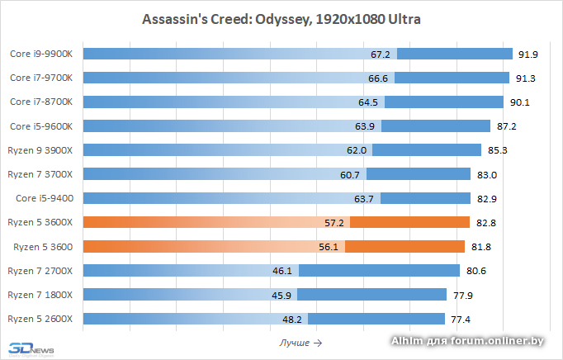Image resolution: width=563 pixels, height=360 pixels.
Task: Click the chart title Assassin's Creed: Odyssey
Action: click(x=281, y=19)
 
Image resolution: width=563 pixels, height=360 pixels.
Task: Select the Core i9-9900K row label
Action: click(x=41, y=54)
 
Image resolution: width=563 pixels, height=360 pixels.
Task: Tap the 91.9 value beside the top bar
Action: click(x=528, y=54)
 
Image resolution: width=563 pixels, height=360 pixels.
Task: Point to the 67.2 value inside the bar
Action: click(x=381, y=54)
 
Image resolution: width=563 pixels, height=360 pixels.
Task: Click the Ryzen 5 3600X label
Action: click(x=40, y=223)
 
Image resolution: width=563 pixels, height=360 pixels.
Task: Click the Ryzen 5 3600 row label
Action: click(x=43, y=247)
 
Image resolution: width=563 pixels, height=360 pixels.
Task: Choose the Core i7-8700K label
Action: click(x=41, y=102)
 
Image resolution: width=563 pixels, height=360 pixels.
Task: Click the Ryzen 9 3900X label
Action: click(x=40, y=150)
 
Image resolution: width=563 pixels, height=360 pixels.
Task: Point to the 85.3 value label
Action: click(x=499, y=150)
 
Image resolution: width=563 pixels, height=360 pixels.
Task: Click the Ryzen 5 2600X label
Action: click(x=40, y=319)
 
